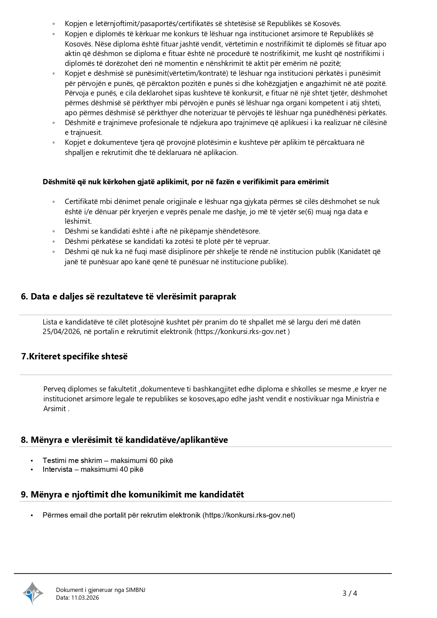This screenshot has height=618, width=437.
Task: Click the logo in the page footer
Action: [x=33, y=593]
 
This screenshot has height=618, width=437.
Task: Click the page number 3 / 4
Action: [x=350, y=593]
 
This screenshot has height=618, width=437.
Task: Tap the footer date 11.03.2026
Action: [x=85, y=598]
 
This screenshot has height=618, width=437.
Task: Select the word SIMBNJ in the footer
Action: [x=135, y=590]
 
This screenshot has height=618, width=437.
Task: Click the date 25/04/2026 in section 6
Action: [x=62, y=332]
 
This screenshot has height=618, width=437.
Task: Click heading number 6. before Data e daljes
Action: [x=24, y=297]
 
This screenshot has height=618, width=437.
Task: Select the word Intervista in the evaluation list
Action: [x=57, y=469]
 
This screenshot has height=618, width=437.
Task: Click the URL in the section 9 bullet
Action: [x=249, y=515]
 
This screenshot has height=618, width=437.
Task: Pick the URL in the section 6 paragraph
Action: [x=242, y=332]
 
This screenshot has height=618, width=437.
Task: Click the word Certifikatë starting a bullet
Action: [x=81, y=202]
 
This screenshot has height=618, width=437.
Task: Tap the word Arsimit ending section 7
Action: [x=55, y=409]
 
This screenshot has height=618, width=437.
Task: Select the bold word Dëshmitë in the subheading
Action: [x=58, y=182]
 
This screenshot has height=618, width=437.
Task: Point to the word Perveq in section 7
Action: [x=54, y=389]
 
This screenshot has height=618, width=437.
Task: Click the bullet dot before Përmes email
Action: [x=32, y=515]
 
